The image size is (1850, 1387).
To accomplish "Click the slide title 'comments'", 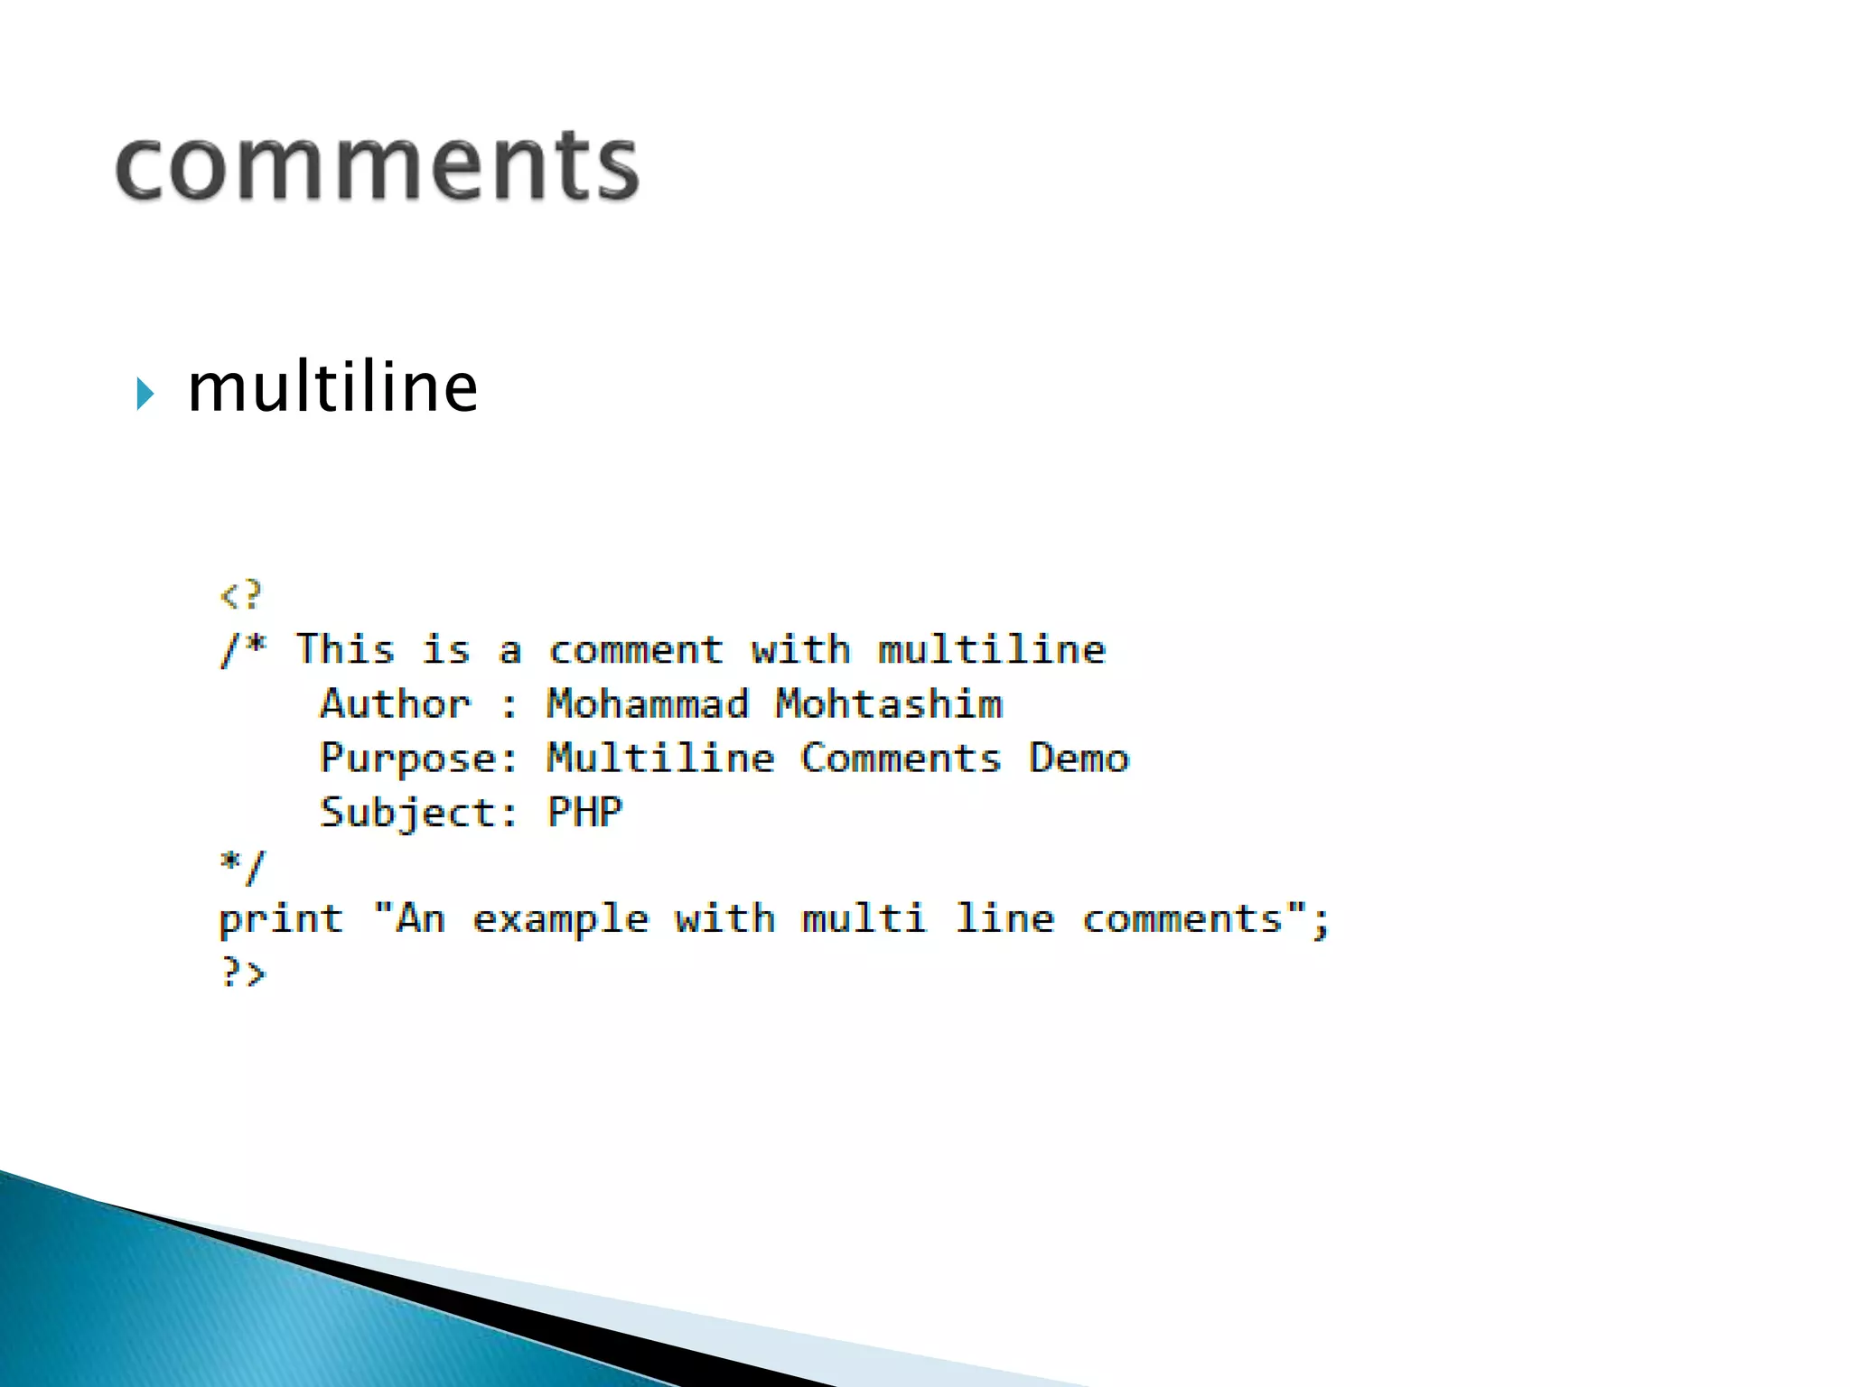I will click(378, 166).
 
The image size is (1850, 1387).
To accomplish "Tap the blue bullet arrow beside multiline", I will click(145, 394).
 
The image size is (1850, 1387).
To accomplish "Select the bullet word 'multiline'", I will click(332, 388).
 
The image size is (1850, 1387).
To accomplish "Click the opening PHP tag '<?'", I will click(241, 595).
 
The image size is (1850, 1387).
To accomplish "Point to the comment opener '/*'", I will click(244, 649).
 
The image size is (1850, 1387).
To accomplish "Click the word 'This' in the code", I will click(345, 649).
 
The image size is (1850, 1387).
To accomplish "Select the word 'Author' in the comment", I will click(396, 703).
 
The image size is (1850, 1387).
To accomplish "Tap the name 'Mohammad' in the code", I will click(648, 703).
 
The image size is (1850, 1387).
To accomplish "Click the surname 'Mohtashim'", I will click(889, 703).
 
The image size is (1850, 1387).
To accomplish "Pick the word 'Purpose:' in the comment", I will click(419, 759).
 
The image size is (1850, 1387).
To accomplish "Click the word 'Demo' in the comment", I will click(1079, 758).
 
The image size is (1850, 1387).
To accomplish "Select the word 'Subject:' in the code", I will click(419, 813).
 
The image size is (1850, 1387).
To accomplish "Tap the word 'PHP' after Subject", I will click(585, 812).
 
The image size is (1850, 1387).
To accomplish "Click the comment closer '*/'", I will click(242, 866).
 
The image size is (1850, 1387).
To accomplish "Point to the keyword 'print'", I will click(281, 920).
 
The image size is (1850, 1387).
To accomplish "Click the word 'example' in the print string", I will click(560, 920).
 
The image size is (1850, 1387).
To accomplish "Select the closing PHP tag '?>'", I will click(242, 973).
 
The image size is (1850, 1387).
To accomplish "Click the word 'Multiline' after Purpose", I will click(660, 758).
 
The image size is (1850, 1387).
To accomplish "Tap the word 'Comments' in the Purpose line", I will click(901, 758).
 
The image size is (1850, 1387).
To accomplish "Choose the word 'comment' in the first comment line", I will click(636, 649).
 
